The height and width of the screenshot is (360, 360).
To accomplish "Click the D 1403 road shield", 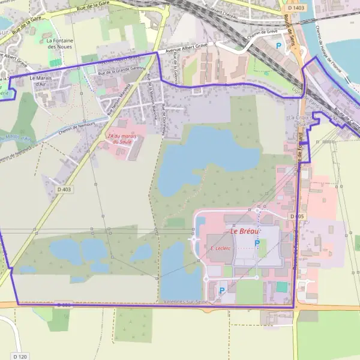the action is click(x=296, y=8).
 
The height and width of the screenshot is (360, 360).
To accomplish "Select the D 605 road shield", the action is click(x=295, y=215).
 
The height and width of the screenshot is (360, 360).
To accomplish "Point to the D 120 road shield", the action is click(x=19, y=356).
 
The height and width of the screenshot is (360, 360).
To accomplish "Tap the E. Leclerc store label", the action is click(x=220, y=247).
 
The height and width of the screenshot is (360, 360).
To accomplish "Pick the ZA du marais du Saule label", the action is click(x=120, y=138).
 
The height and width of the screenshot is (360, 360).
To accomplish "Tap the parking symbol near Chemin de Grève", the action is click(x=278, y=45).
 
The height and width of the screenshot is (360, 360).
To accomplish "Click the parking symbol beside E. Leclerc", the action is click(x=257, y=242).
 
